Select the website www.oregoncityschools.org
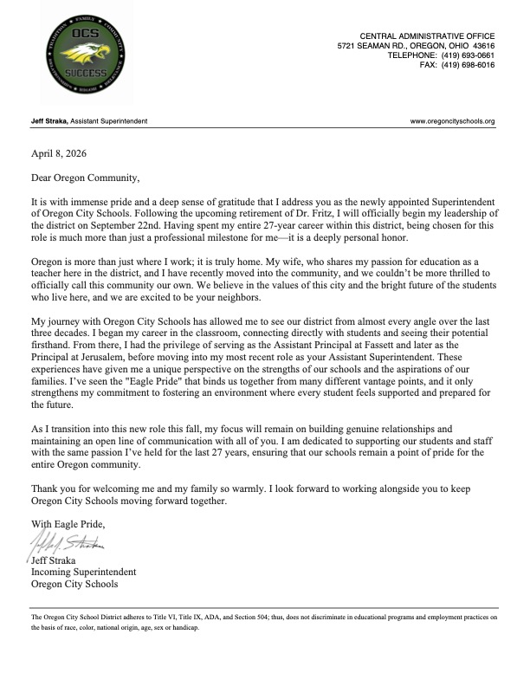[x=453, y=121]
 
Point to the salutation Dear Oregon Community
[x=84, y=179]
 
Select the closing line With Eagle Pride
[x=68, y=524]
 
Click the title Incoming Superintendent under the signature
[x=83, y=572]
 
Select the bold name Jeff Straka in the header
[x=49, y=121]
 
